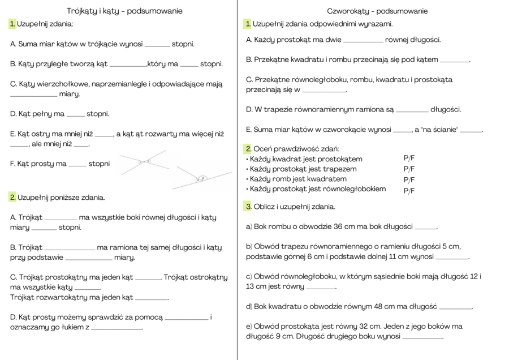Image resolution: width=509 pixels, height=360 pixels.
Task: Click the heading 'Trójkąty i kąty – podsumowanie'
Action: pos(124,11)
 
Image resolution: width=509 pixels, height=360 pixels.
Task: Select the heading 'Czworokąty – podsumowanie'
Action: pos(377,11)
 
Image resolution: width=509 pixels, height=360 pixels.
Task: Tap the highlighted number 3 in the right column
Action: pos(248,207)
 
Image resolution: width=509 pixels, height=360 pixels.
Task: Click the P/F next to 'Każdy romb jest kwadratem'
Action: pos(409,179)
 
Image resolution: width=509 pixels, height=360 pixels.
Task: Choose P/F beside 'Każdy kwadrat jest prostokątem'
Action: pos(409,159)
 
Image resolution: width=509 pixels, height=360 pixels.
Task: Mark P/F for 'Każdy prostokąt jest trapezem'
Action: pos(409,169)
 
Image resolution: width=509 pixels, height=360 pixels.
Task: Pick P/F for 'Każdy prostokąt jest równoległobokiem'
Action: pos(409,190)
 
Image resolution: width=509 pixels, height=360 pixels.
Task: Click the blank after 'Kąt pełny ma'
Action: pos(75,115)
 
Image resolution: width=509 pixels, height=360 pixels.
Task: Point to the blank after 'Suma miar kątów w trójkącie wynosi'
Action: pos(157,45)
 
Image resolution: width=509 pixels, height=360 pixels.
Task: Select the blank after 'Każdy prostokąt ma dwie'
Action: pos(363,41)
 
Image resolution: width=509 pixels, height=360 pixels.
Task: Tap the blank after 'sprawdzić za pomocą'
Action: pos(186,319)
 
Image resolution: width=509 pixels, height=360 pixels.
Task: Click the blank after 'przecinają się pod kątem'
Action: pos(455,61)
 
